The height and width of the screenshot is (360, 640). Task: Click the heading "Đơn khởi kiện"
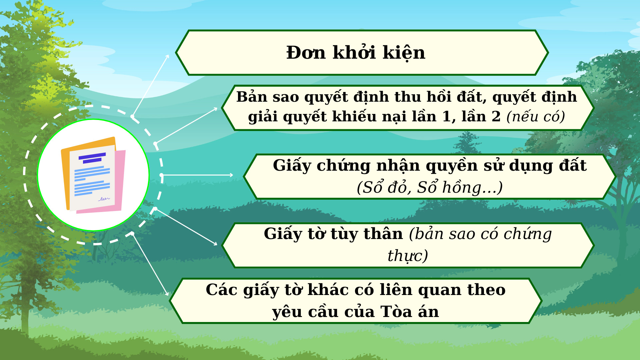click(x=356, y=53)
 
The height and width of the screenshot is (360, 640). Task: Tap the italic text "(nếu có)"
click(x=536, y=117)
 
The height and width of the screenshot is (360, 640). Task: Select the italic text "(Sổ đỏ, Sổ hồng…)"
click(x=430, y=187)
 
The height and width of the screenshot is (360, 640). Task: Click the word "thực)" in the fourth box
click(x=408, y=256)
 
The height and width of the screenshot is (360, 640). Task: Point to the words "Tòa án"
click(x=410, y=312)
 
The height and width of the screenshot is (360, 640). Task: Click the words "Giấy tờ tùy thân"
click(x=333, y=234)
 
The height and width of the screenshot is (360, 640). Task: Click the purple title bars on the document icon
click(x=92, y=158)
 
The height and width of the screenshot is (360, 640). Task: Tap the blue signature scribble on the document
click(x=104, y=199)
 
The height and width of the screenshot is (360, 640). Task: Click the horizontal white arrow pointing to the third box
click(x=197, y=175)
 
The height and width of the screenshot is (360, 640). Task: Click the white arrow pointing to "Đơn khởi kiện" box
click(x=150, y=86)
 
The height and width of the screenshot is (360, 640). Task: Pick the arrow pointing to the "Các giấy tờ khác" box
click(x=150, y=264)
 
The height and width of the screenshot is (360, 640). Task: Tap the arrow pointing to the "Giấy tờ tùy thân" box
click(x=186, y=227)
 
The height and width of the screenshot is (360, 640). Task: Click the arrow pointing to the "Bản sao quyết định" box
click(x=186, y=126)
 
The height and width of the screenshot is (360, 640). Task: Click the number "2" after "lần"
click(x=496, y=117)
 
